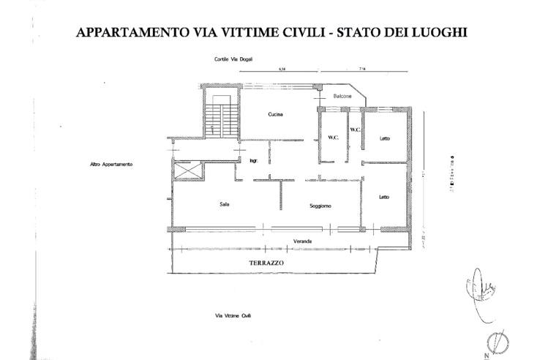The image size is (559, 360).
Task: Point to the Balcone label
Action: (x=334, y=97)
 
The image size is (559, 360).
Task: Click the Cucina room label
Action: (x=275, y=114)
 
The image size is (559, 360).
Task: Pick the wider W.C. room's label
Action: (x=331, y=138)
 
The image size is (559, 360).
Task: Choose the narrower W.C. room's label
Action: (x=355, y=130)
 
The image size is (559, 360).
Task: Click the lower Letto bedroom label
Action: (x=384, y=196)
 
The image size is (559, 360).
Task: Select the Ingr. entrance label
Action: (x=254, y=160)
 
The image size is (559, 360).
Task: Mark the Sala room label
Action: (x=225, y=204)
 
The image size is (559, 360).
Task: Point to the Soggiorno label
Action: (x=320, y=206)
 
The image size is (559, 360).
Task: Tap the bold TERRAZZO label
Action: (x=266, y=263)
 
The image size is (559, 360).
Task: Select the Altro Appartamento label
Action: (x=110, y=164)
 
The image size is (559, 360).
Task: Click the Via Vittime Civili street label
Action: (x=233, y=315)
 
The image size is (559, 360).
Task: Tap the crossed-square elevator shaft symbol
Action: (x=188, y=170)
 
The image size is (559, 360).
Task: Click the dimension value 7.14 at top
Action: (x=363, y=68)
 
